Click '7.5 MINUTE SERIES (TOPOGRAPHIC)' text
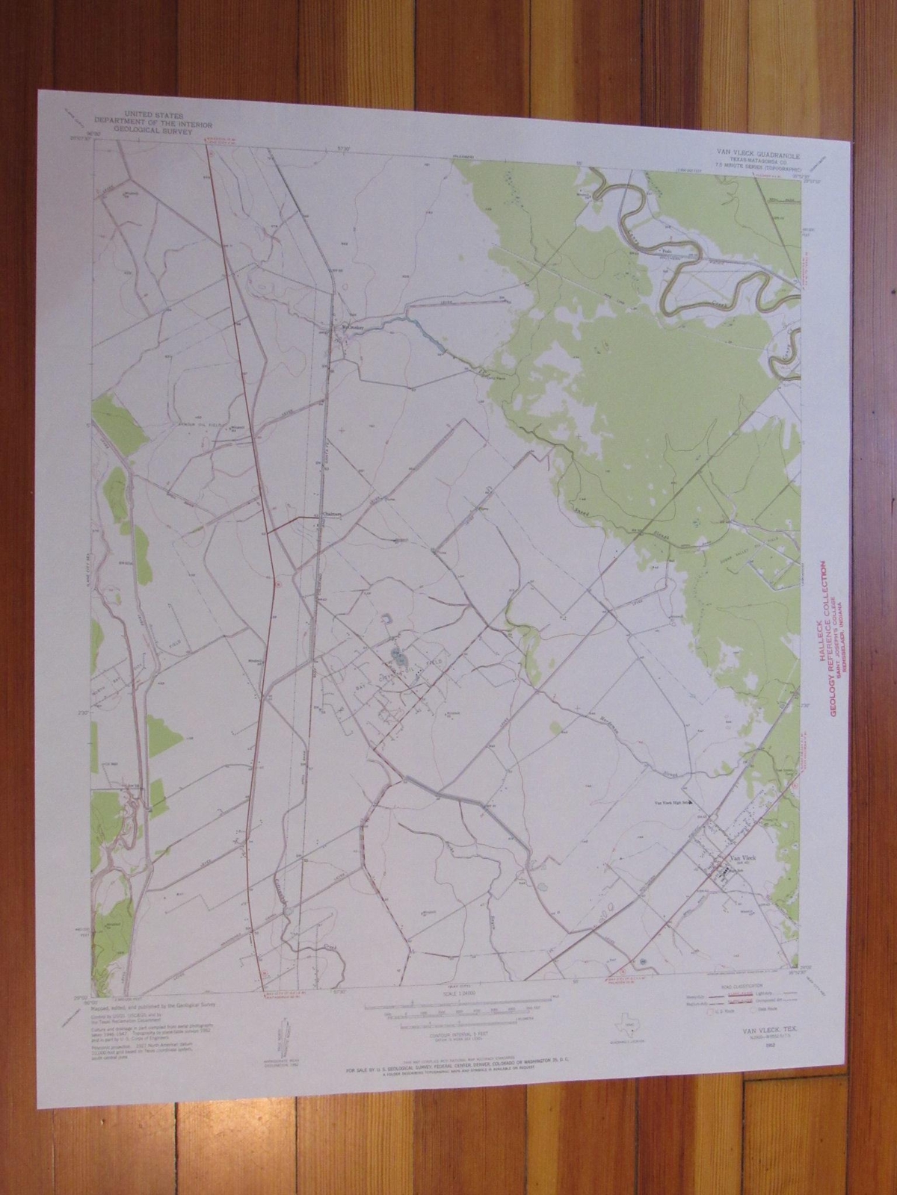[x=753, y=170]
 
